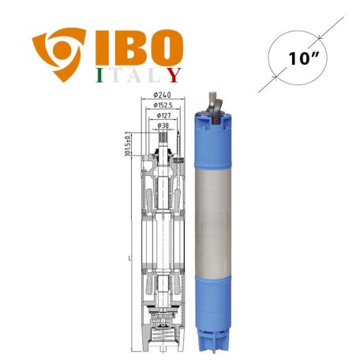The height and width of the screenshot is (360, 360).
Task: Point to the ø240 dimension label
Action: [x=163, y=96]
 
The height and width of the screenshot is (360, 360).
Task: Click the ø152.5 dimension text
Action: [x=164, y=105]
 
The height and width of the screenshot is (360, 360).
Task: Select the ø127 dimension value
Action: [x=163, y=114]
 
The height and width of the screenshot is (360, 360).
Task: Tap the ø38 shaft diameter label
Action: [x=163, y=124]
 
